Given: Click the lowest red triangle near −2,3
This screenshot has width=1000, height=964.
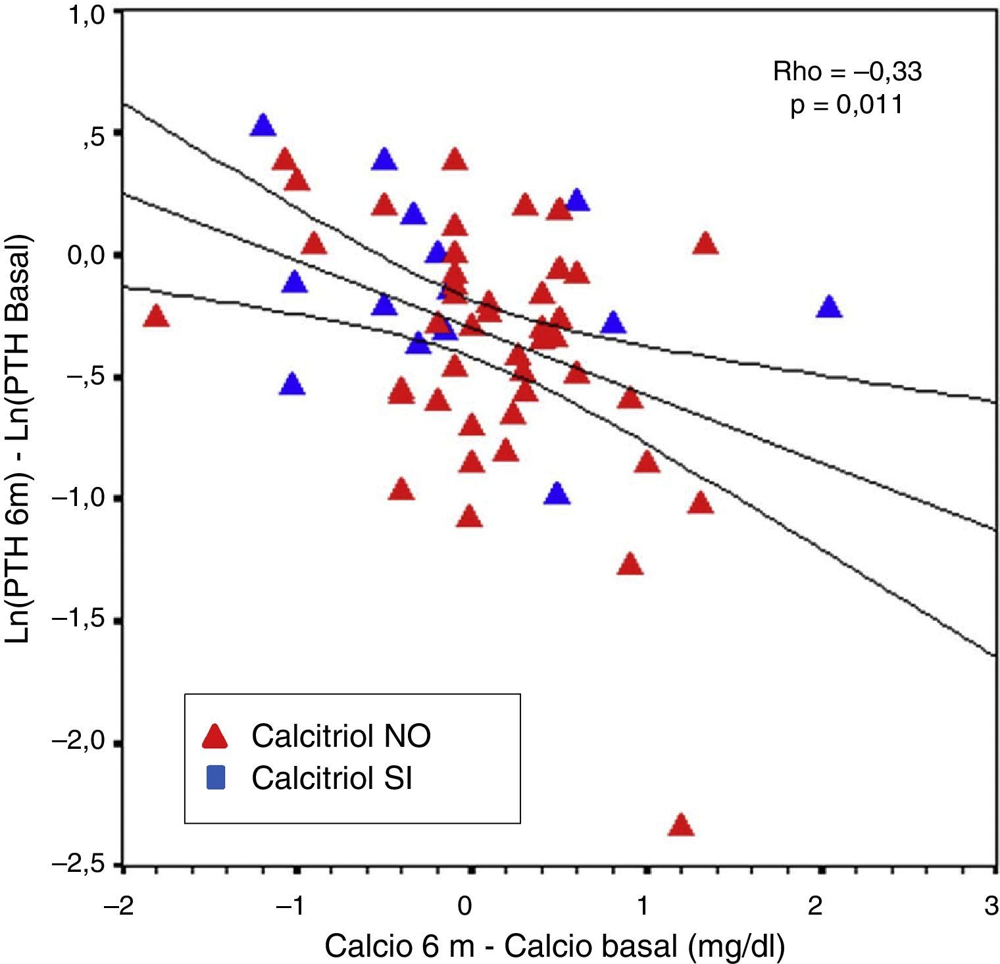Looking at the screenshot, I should point(681,826).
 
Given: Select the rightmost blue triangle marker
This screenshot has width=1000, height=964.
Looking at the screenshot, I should point(829,307).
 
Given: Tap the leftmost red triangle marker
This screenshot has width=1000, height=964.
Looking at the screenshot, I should point(156,317).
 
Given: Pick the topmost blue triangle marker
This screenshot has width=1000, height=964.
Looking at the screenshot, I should point(262,125).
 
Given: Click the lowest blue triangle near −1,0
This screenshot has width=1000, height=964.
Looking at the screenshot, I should point(557,494).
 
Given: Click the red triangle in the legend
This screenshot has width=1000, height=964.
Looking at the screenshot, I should point(214,736).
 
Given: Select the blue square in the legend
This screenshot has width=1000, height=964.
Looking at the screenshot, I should point(215,778).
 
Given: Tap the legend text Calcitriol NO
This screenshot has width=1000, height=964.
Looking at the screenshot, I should point(341,736).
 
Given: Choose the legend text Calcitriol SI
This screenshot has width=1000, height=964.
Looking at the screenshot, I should point(332,778).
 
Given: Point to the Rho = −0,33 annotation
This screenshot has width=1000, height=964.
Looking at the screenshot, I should point(847,72).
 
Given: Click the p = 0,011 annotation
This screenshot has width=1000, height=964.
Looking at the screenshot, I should point(847,105).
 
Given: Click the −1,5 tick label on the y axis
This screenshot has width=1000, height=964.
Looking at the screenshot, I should point(78,621).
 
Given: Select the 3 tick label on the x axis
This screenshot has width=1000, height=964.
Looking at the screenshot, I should point(991,907).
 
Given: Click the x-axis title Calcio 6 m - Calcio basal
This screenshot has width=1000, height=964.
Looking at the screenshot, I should point(555,946).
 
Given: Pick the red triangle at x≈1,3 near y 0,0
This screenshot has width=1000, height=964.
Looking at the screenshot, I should point(705,243).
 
